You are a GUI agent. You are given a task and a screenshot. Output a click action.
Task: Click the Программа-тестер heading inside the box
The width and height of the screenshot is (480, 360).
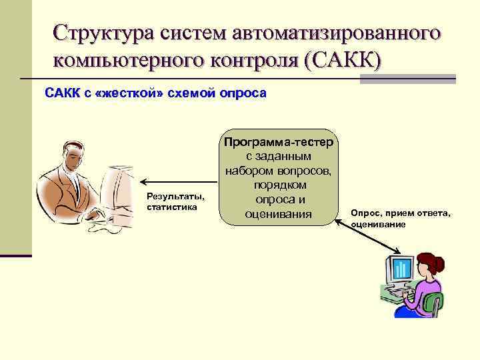pyautogui.click(x=280, y=142)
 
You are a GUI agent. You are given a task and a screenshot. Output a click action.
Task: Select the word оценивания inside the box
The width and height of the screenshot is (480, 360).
pyautogui.click(x=279, y=214)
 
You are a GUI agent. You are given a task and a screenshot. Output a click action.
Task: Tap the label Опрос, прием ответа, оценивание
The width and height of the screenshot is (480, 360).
pyautogui.click(x=400, y=218)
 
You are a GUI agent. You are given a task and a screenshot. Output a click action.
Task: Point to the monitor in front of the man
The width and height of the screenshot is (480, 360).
pyautogui.click(x=117, y=179)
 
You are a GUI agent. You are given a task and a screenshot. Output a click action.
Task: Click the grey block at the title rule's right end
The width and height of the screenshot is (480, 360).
pyautogui.click(x=407, y=79)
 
